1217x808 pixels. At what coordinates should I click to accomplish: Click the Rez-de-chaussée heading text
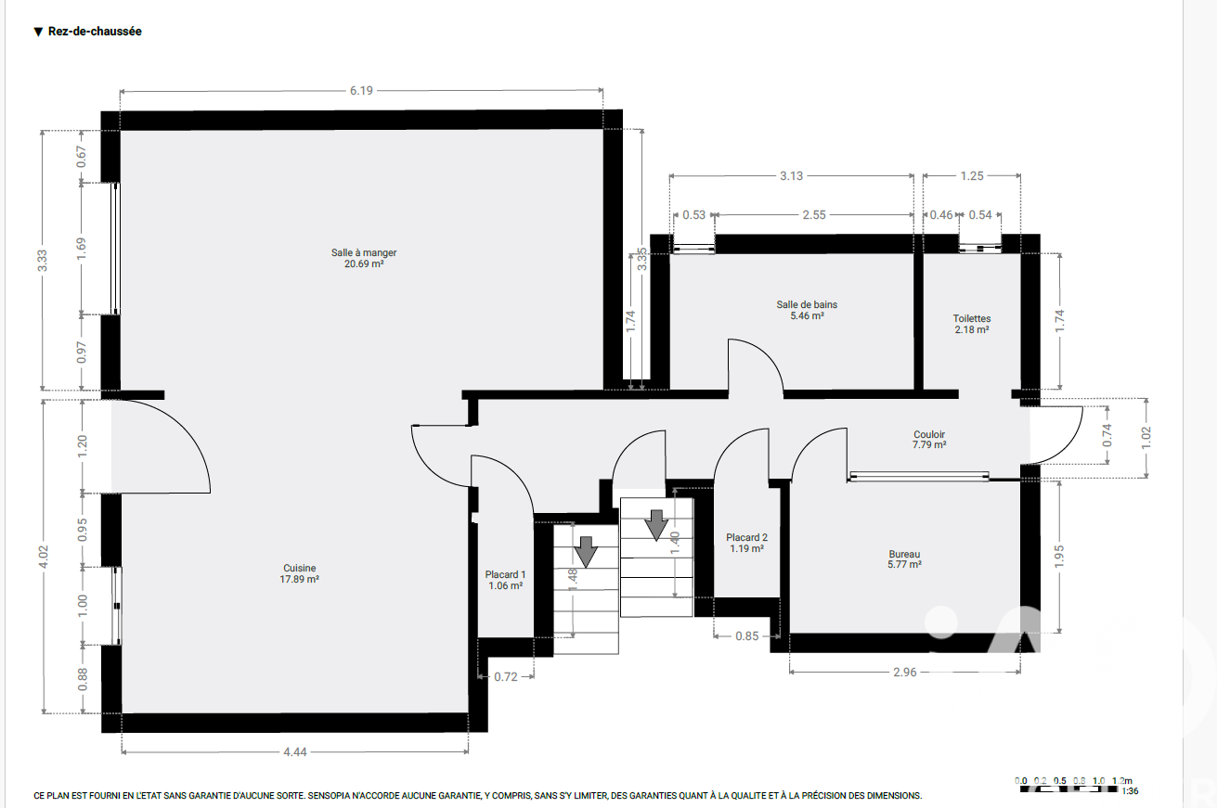click(95, 32)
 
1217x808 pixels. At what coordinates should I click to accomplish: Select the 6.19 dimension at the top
click(361, 91)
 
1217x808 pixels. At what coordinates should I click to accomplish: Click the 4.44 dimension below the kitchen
click(295, 752)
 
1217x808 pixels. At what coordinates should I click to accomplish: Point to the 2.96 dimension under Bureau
click(904, 673)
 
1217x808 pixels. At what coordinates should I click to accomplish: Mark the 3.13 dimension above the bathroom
click(791, 176)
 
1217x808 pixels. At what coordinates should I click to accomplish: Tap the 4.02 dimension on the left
click(44, 557)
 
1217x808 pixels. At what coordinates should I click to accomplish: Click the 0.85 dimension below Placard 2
click(746, 635)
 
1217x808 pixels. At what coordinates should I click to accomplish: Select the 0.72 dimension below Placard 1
click(505, 677)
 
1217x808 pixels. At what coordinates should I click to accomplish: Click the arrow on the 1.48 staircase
click(586, 552)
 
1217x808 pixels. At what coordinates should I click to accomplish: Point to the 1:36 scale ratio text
click(1130, 791)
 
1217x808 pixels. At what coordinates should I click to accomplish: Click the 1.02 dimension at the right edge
click(1146, 438)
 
